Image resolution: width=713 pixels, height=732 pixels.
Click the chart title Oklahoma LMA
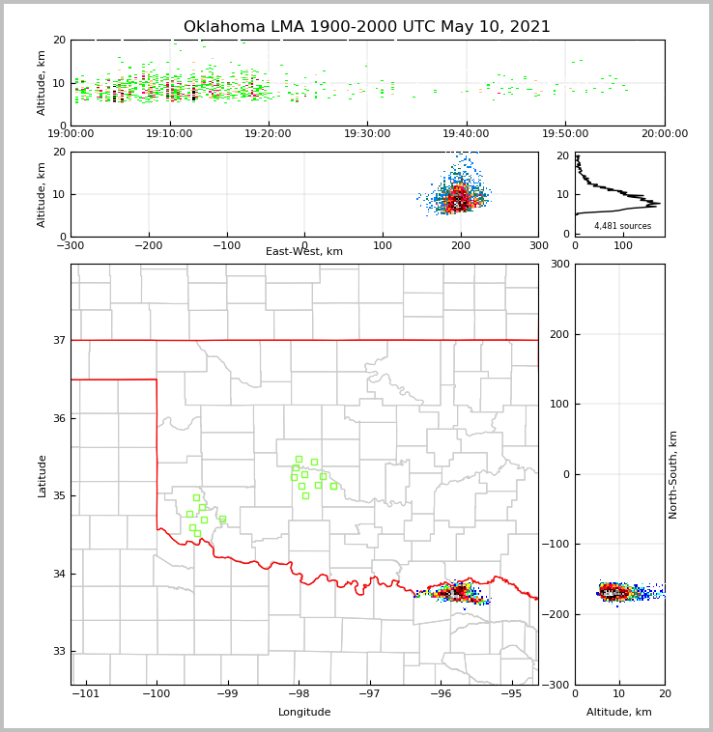pos(366,27)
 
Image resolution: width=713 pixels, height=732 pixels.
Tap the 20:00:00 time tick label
pos(664,134)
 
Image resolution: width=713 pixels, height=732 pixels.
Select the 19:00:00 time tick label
pos(71,134)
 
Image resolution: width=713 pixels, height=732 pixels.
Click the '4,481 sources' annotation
pos(622,226)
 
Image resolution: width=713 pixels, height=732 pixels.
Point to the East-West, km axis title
pos(304,252)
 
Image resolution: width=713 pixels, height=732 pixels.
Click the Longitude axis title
pos(304,713)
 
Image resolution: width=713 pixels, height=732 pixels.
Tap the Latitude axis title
pos(43,475)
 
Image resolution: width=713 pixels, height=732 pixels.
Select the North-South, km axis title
pos(673,474)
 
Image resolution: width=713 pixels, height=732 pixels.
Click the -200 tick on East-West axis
pos(148,245)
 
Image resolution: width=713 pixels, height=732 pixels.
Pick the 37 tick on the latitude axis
pos(59,341)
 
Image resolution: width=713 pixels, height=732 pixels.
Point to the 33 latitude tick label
pos(59,652)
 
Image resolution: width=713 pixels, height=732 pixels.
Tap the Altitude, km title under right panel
pos(619,713)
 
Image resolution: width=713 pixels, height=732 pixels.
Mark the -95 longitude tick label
pos(510,694)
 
